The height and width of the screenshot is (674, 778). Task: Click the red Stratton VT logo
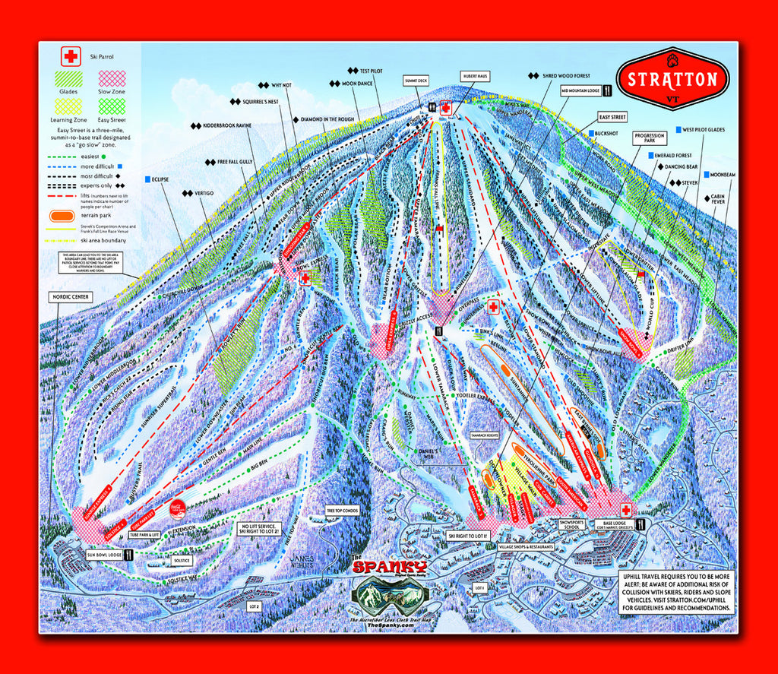click(x=672, y=79)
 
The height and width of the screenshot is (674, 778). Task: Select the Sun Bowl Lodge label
click(x=103, y=555)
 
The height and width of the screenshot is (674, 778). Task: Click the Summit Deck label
click(x=417, y=79)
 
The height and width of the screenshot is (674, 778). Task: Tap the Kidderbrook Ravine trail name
click(x=215, y=124)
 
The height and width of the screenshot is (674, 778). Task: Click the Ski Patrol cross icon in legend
click(x=71, y=56)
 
